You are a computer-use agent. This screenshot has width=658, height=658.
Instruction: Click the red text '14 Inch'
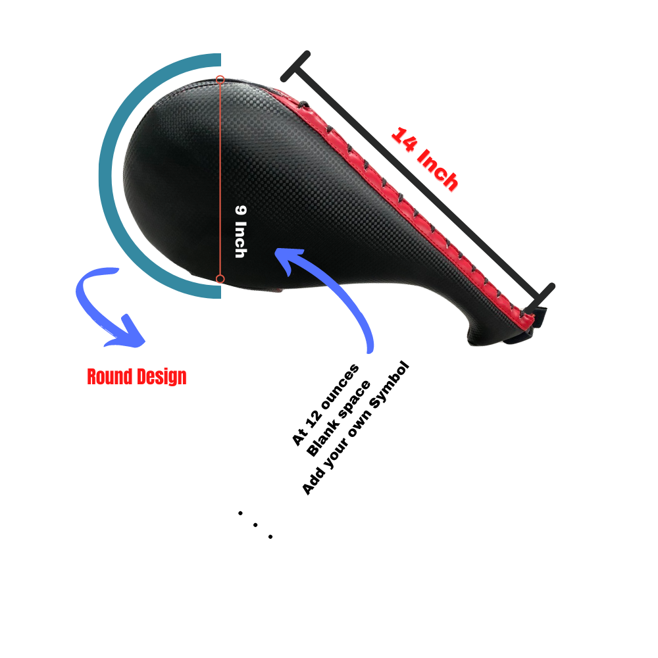pyautogui.click(x=424, y=159)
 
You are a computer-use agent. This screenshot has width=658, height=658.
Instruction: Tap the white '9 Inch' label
pyautogui.click(x=241, y=231)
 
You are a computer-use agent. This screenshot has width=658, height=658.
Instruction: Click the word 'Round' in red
pyautogui.click(x=110, y=376)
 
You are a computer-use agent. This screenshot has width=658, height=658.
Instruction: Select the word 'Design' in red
pyautogui.click(x=162, y=377)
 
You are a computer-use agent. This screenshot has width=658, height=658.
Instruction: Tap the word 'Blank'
pyautogui.click(x=322, y=438)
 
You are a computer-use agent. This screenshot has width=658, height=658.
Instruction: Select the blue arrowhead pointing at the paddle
pyautogui.click(x=289, y=259)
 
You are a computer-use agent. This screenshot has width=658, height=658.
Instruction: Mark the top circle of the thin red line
pyautogui.click(x=220, y=80)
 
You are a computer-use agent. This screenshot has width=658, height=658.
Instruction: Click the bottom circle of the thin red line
pyautogui.click(x=220, y=279)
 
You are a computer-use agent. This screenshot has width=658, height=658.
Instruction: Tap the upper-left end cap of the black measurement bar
pyautogui.click(x=295, y=66)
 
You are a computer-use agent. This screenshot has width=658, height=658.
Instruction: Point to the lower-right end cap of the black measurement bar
pyautogui.click(x=540, y=299)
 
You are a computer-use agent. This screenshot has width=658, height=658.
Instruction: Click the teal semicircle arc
pyautogui.click(x=105, y=176)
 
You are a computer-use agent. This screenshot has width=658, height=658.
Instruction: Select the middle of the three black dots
pyautogui.click(x=255, y=525)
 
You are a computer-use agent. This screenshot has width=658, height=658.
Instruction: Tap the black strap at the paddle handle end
pyautogui.click(x=533, y=324)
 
